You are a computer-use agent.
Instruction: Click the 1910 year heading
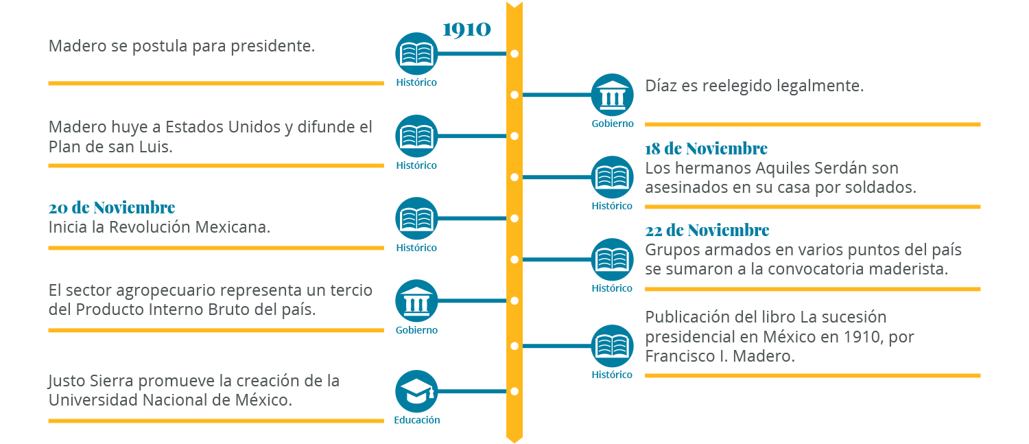466,30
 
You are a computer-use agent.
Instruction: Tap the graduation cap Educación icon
416,392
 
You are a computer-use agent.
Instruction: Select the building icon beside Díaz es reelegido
612,95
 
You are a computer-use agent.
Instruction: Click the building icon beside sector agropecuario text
416,301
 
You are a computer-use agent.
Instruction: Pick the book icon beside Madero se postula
416,54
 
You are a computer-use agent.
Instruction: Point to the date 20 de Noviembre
112,208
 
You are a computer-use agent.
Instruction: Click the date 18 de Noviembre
706,149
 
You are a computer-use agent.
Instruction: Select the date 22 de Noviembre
707,231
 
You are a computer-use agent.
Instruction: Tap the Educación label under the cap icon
416,420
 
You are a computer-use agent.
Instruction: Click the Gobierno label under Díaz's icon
613,124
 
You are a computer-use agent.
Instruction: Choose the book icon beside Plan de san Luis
416,136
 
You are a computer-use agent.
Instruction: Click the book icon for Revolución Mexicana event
416,218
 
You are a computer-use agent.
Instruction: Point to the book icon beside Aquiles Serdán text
612,177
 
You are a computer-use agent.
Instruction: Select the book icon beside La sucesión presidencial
612,346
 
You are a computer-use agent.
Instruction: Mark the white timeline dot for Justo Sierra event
514,392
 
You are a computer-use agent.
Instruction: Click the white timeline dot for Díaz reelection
514,95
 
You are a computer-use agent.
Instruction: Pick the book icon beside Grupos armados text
612,259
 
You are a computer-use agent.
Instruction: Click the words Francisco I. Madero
720,357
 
